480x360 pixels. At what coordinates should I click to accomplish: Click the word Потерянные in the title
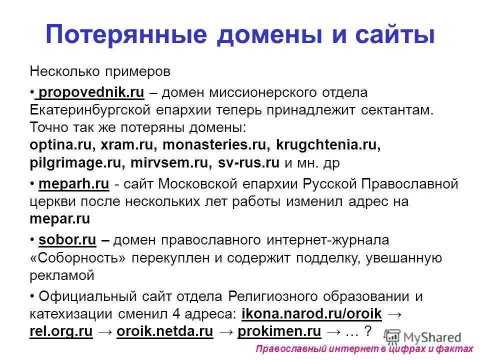coord(119,35)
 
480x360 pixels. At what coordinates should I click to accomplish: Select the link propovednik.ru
coord(91,93)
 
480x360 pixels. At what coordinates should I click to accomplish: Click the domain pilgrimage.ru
coord(76,163)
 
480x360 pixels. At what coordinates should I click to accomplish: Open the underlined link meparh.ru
coord(73,184)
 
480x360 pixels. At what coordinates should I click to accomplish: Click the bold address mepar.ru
coord(60,219)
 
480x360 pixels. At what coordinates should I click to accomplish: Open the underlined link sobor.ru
coord(67,240)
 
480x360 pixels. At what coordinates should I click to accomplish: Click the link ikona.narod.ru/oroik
coord(311,314)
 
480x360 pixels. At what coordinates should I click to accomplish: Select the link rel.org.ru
coord(61,331)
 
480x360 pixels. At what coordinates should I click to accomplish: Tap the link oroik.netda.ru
coord(165,331)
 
